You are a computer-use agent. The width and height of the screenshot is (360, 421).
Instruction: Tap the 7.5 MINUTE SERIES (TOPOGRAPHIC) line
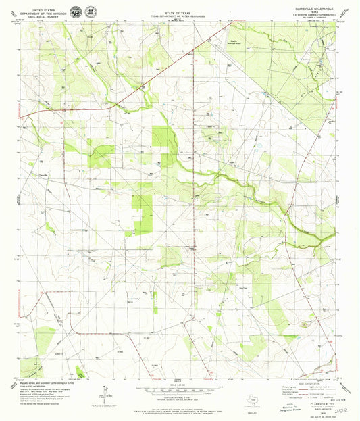309,14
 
